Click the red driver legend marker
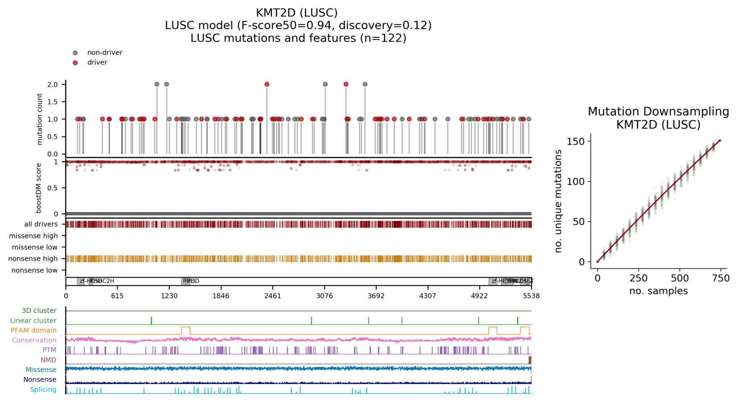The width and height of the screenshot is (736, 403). (x=75, y=63)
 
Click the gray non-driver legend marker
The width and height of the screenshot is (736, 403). (x=75, y=53)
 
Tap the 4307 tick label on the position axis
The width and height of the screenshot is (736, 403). (x=428, y=296)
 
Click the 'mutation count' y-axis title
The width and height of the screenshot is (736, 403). (x=40, y=119)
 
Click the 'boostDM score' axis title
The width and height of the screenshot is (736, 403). (x=39, y=188)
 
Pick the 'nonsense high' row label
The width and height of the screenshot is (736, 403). (x=33, y=259)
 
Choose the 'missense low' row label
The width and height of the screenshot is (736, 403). (x=35, y=247)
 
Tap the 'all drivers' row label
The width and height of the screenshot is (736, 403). (x=41, y=224)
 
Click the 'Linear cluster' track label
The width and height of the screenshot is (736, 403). (x=33, y=321)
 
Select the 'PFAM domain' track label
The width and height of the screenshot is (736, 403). (x=34, y=330)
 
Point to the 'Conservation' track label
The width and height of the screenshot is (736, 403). (x=34, y=340)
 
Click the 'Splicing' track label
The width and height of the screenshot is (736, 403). (x=43, y=390)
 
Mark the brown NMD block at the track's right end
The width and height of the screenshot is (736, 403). (x=530, y=360)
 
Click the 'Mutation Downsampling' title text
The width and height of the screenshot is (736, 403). (x=658, y=112)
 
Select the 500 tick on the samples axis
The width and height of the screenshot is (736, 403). (x=680, y=278)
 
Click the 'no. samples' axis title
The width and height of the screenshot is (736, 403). (x=658, y=291)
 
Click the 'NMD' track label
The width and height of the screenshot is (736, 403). (x=49, y=360)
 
